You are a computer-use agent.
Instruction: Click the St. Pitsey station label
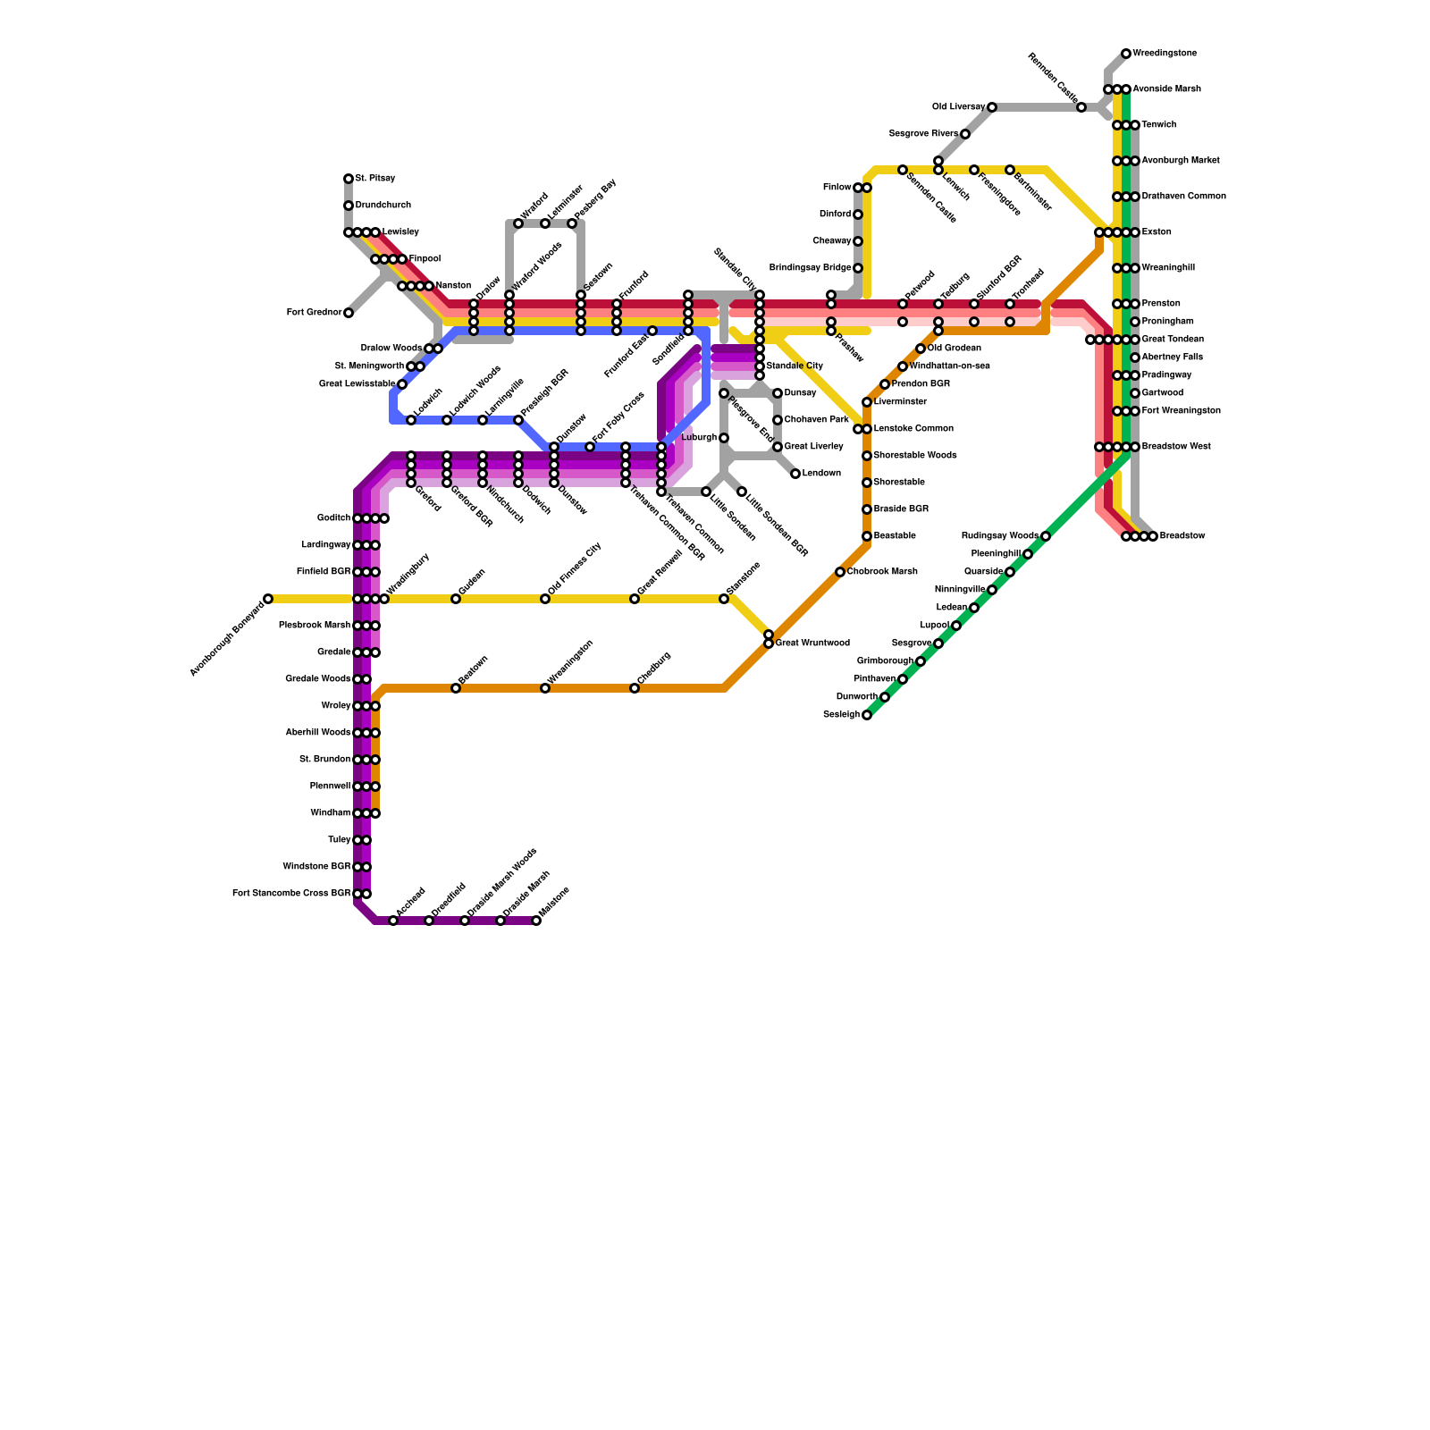pyautogui.click(x=375, y=179)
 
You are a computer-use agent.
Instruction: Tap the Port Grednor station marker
pyautogui.click(x=349, y=313)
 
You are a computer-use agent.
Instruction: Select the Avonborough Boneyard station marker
pyautogui.click(x=268, y=599)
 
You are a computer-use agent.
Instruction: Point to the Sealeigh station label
pyautogui.click(x=841, y=715)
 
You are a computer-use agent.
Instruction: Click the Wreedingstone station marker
pyautogui.click(x=1126, y=54)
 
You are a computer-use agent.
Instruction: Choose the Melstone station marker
pyautogui.click(x=536, y=921)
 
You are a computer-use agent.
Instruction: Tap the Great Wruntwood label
pyautogui.click(x=812, y=643)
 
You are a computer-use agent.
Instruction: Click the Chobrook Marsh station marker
pyautogui.click(x=840, y=572)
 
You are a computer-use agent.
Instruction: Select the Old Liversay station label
pyautogui.click(x=958, y=107)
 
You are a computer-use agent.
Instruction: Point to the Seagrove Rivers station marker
pyautogui.click(x=965, y=134)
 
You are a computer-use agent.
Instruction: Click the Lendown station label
pyautogui.click(x=821, y=474)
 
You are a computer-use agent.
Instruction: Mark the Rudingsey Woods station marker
pyautogui.click(x=1046, y=536)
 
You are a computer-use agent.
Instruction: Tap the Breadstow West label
pyautogui.click(x=1176, y=447)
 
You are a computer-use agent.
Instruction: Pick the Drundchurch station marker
pyautogui.click(x=349, y=206)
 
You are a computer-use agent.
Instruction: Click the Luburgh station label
pyautogui.click(x=699, y=438)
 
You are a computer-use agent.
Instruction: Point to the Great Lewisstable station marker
pyautogui.click(x=402, y=384)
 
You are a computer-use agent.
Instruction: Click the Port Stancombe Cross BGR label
pyautogui.click(x=291, y=894)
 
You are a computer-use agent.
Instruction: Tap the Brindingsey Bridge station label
pyautogui.click(x=810, y=268)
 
